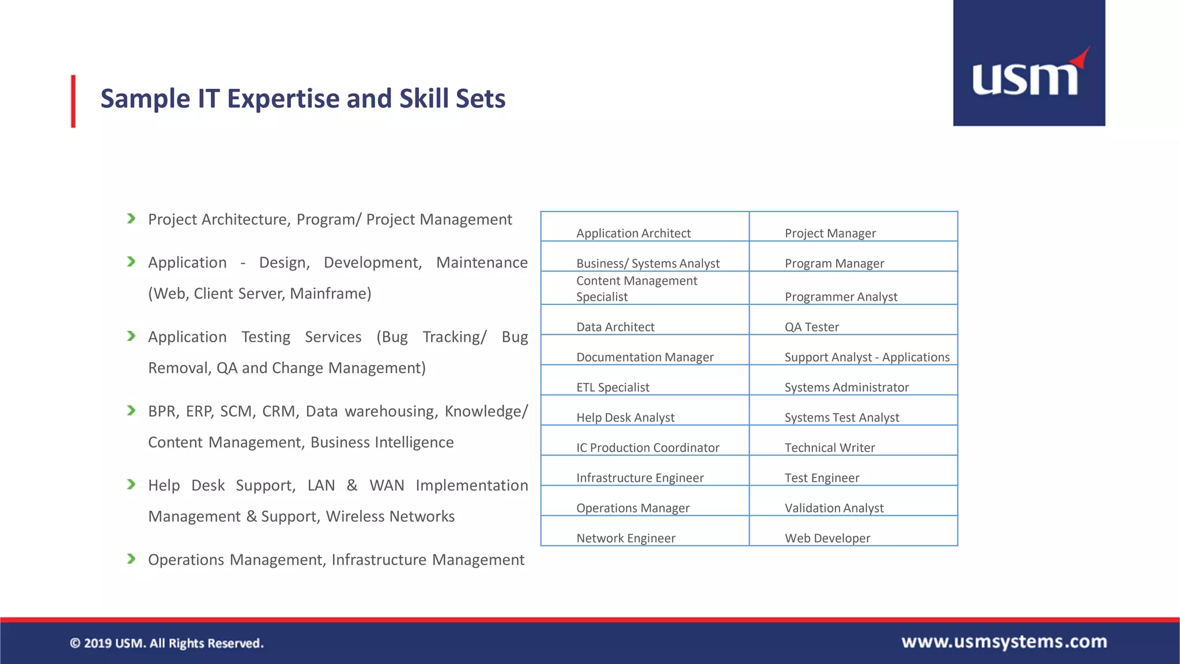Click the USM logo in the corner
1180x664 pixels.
1028,63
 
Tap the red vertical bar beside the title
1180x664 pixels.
73,101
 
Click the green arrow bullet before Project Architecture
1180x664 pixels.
131,218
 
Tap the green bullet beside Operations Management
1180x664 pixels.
131,559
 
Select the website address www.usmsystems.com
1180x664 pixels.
1004,642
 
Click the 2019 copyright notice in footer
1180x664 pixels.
167,643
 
